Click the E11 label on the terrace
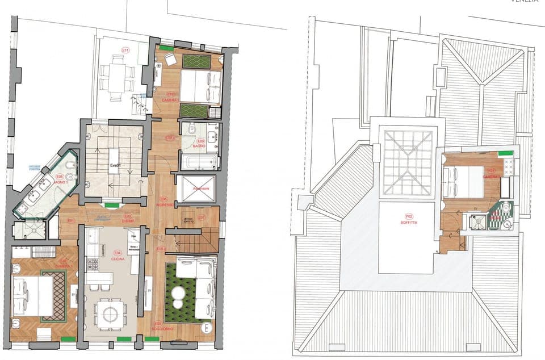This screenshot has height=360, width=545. click(x=125, y=50)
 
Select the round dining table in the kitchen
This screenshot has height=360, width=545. click(x=111, y=312)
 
